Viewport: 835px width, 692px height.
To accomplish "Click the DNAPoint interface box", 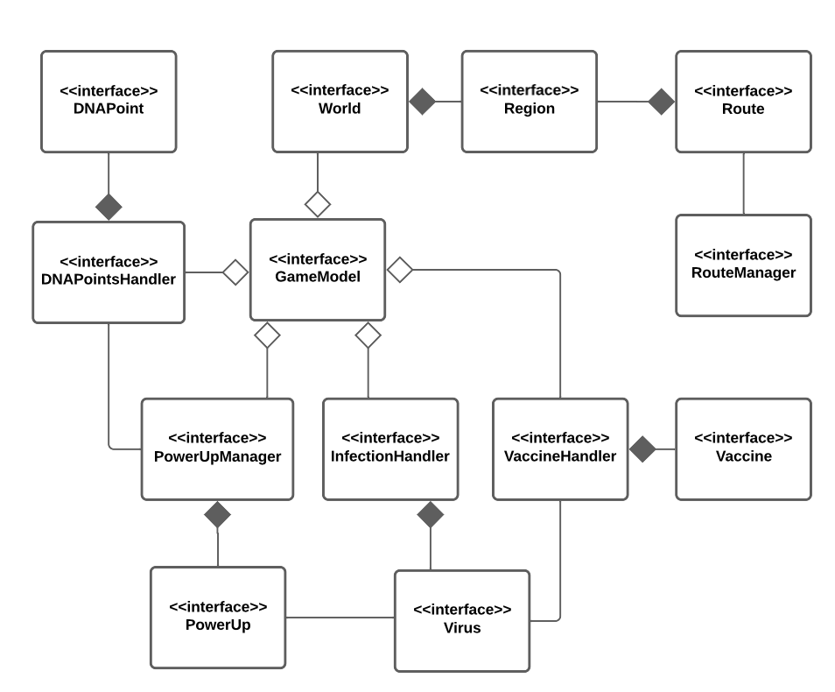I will [109, 101].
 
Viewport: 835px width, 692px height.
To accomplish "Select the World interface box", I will [340, 101].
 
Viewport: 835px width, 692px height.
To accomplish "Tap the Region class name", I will [529, 109].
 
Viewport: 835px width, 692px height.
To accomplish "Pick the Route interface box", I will [743, 101].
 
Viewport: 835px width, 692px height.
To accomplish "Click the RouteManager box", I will [743, 265].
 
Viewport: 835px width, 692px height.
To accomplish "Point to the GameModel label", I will [318, 276].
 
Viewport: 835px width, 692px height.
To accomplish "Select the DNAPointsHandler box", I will [109, 272].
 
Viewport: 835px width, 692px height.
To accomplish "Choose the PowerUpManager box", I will [217, 448].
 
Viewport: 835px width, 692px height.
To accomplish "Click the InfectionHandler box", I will [390, 448].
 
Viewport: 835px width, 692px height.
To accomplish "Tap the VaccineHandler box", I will [560, 448].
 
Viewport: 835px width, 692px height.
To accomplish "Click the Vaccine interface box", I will [743, 448].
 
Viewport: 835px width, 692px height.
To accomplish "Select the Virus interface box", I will [462, 619].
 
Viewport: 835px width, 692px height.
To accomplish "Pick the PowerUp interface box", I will [218, 617].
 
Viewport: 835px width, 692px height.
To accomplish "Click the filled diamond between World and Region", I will [423, 102].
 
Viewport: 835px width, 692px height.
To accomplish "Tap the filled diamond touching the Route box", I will [661, 102].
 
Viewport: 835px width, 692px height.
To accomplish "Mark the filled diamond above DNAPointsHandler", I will [109, 207].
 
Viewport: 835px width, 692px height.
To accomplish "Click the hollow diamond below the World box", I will [317, 205].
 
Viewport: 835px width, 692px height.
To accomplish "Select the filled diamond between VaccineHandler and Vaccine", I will [642, 449].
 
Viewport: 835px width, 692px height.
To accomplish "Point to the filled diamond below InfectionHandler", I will [430, 515].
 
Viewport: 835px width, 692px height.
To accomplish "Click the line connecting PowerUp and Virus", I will [340, 618].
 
